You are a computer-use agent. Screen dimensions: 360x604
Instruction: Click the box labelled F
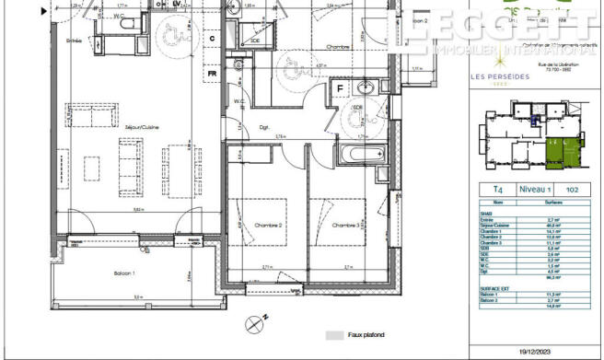(x=340, y=90)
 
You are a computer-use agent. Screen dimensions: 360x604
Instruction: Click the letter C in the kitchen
(x=211, y=38)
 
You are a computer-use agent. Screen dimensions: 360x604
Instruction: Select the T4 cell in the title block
(x=497, y=190)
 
